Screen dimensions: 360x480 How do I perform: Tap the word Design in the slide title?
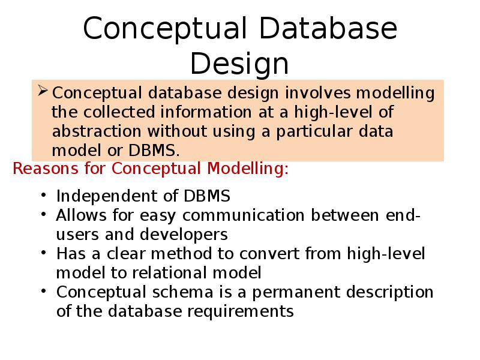[239, 64]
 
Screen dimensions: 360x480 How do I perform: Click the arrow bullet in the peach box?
[43, 92]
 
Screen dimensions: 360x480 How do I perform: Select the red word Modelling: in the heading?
[248, 169]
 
